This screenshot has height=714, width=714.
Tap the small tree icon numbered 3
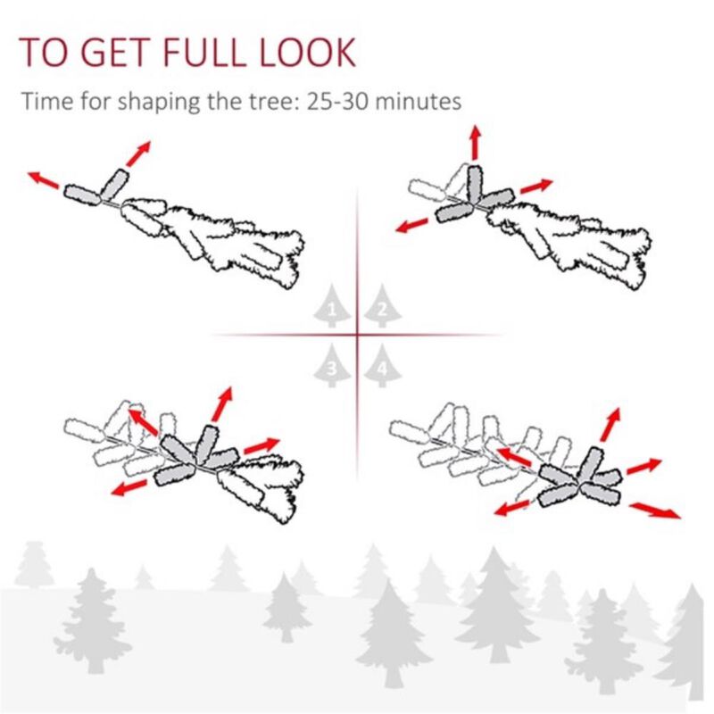[333, 366]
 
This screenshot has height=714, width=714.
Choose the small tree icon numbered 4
[382, 366]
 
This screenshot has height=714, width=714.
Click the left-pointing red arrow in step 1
[43, 180]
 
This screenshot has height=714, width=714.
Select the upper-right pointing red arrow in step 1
[137, 154]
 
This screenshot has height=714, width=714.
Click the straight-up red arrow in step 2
[475, 142]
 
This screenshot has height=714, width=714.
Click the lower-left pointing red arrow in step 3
[130, 486]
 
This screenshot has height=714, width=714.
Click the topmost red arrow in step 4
[611, 423]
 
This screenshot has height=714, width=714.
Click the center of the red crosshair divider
[358, 336]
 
